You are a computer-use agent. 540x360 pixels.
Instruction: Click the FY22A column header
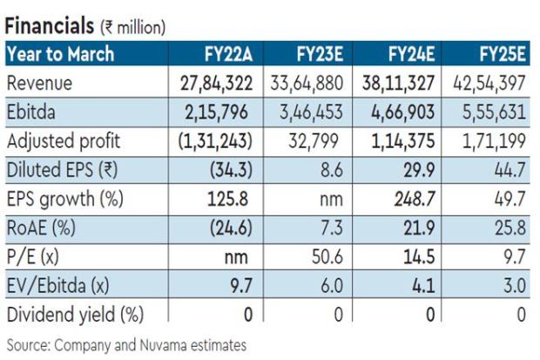tap(223, 55)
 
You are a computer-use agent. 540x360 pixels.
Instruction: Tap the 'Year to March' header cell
tap(61, 55)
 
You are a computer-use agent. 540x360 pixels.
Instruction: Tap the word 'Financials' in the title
tap(49, 27)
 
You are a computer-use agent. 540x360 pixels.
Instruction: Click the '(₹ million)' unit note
tap(132, 29)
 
